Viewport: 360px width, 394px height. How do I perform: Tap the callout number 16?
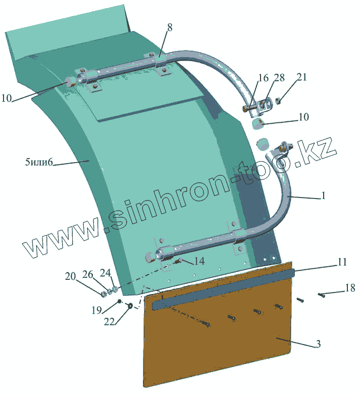click(x=263, y=78)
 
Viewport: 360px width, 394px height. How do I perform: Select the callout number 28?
click(x=279, y=78)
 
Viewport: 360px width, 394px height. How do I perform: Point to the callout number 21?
click(x=301, y=77)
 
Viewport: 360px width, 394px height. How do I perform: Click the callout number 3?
click(x=318, y=344)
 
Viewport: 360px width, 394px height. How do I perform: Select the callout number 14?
click(x=199, y=261)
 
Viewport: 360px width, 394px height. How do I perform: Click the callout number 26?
click(x=88, y=274)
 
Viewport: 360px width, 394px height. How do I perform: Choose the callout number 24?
click(x=105, y=272)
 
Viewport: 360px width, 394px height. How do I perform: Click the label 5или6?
click(x=39, y=163)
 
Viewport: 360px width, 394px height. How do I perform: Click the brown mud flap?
click(x=217, y=343)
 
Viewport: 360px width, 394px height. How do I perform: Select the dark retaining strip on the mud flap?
click(x=222, y=288)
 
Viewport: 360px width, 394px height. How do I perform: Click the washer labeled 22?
click(x=130, y=305)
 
